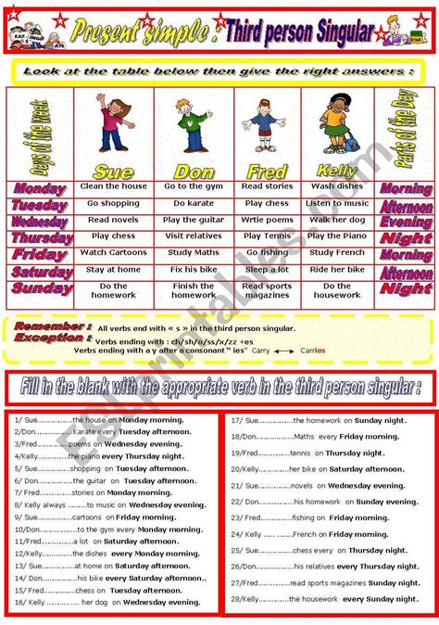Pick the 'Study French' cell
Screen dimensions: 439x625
(337, 252)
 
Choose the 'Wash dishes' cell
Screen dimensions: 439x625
(337, 186)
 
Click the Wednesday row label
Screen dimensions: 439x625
(41, 221)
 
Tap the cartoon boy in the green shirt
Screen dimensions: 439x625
(192, 126)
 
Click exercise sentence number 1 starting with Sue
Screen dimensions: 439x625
(111, 419)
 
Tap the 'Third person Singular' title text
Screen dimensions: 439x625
(299, 32)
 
